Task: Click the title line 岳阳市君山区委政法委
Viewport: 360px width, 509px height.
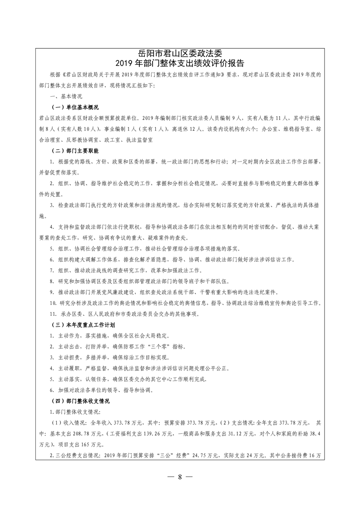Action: pyautogui.click(x=180, y=54)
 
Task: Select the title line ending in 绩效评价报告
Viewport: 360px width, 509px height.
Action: pyautogui.click(x=180, y=63)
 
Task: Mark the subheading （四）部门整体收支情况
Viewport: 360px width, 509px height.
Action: pyautogui.click(x=79, y=401)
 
